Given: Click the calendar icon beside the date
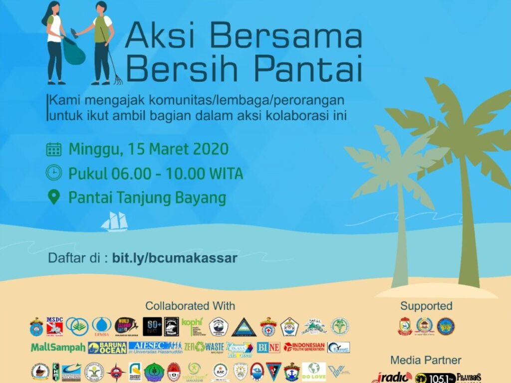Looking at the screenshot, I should click(x=53, y=149).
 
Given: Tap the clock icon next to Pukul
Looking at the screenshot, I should click(x=53, y=173).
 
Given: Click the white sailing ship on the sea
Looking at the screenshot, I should click(x=114, y=221).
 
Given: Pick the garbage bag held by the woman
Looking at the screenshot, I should click(x=74, y=52).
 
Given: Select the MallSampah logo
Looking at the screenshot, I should click(x=58, y=348).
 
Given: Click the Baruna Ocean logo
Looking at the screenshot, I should click(x=107, y=348).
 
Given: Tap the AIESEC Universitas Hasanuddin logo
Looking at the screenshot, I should click(x=155, y=347).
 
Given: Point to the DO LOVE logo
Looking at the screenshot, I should click(x=313, y=372).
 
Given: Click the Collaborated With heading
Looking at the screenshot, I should click(x=190, y=306).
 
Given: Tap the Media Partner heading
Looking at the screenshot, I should click(x=426, y=360).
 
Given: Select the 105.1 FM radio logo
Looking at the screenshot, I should click(x=435, y=378).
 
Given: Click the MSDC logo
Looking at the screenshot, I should click(x=54, y=326).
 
